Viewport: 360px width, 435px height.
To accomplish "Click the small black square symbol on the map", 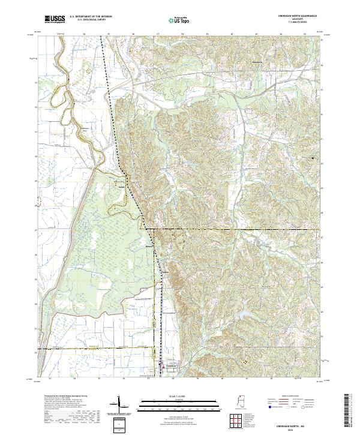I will click(x=313, y=158).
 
